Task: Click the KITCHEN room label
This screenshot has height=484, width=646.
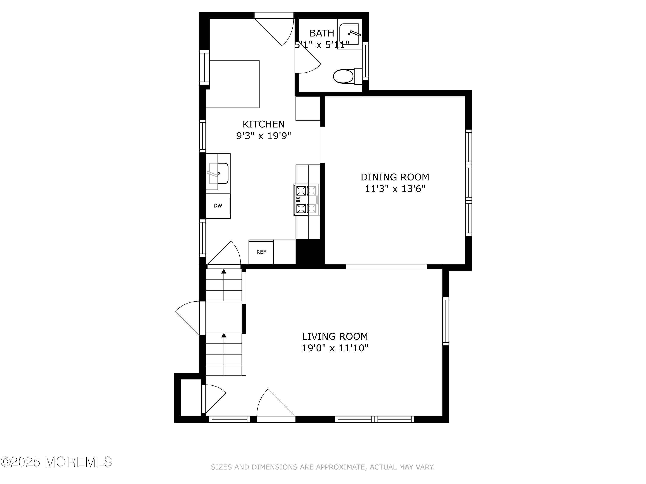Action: (263, 124)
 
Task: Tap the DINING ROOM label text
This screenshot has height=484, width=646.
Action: (395, 177)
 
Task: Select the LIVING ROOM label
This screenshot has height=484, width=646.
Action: (335, 336)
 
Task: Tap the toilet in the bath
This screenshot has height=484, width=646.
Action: (348, 76)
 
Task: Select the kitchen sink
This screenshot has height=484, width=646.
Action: (218, 173)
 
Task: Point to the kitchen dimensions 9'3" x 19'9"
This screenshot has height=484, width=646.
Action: (264, 136)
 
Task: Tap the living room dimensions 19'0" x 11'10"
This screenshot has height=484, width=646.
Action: (335, 348)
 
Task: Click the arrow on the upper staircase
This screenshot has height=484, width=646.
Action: (224, 285)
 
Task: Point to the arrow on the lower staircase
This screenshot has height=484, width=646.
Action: (224, 354)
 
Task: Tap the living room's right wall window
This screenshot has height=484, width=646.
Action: (445, 321)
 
